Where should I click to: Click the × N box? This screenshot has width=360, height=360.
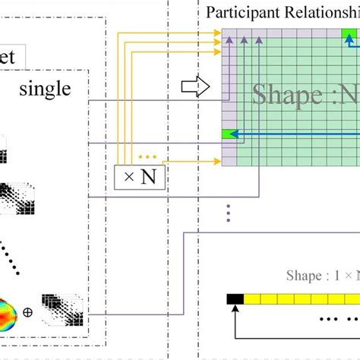pos(140,178)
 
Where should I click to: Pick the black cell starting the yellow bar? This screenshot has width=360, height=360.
pos(234,299)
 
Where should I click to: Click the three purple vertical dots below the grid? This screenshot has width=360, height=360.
pos(227,213)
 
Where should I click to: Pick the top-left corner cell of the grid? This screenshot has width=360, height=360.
pos(227,34)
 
